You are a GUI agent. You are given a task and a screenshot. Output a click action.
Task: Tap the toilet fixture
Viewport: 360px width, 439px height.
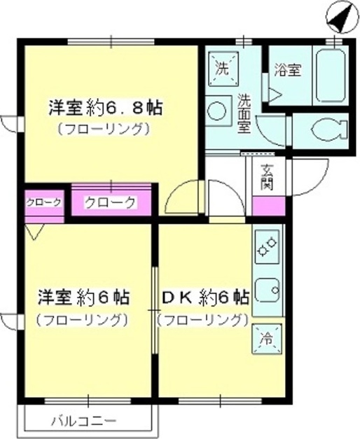pos(329,130)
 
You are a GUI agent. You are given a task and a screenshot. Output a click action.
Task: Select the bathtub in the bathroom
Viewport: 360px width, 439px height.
pos(331,76)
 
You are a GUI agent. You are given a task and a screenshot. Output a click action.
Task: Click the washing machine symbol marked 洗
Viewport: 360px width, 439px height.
pos(222,69)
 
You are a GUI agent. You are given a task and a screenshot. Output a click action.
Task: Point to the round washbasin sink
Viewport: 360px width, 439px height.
pos(218,111)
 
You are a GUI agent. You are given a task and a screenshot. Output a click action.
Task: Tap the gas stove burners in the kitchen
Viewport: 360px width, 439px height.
pos(268,247)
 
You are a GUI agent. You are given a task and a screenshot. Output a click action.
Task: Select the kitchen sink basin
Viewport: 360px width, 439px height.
pos(268,291)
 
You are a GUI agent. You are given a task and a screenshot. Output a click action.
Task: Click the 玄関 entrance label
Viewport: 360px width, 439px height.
pos(266,178)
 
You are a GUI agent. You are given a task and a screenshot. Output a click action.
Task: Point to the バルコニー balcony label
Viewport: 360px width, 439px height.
pos(84,421)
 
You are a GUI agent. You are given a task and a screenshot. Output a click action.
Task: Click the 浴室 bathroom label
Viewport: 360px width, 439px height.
pos(287,70)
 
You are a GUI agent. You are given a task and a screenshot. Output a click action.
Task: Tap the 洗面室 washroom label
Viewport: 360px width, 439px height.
pos(244,113)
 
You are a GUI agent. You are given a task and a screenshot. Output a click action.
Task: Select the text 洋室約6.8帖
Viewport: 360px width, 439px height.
pos(106,108)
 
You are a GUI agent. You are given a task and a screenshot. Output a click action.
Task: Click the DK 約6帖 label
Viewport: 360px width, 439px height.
pos(206,298)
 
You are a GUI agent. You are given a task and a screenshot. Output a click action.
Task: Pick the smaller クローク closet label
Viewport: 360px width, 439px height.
pos(43,203)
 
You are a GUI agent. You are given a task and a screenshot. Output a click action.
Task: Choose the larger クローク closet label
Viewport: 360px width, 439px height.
pos(110,202)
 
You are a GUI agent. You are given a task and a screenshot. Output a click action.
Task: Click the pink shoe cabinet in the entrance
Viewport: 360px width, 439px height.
pos(269,206)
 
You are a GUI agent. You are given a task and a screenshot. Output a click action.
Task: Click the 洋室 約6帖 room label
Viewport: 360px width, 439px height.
pos(84,298)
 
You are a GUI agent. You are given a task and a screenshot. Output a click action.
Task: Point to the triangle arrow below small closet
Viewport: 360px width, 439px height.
pos(34,231)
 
